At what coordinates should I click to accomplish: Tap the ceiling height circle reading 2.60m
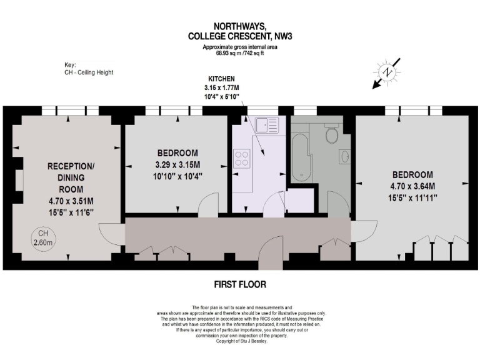(43, 238)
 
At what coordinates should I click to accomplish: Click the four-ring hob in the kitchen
(242, 157)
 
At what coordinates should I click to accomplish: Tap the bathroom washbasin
(344, 156)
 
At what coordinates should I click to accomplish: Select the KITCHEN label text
(221, 79)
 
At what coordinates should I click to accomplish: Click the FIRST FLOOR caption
(240, 284)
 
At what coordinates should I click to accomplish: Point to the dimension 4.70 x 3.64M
(414, 186)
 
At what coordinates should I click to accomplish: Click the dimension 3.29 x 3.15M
(177, 165)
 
